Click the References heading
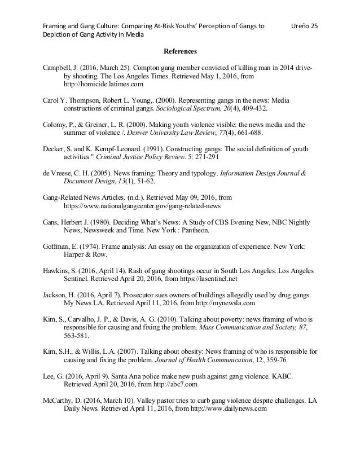coord(180,52)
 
